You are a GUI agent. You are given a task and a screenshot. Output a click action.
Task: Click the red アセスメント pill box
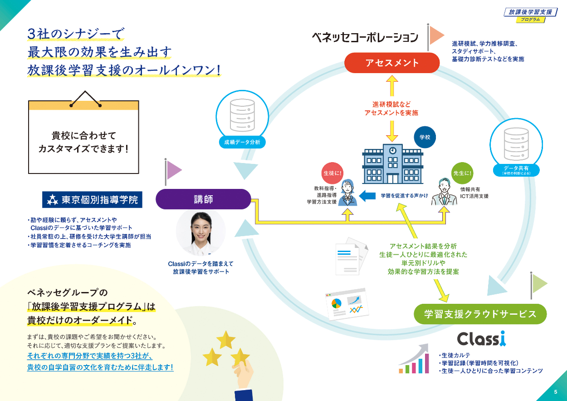pyautogui.click(x=392, y=63)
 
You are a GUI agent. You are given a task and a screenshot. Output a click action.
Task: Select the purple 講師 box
pyautogui.click(x=203, y=199)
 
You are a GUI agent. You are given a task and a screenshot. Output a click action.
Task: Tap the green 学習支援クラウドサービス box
pyautogui.click(x=480, y=314)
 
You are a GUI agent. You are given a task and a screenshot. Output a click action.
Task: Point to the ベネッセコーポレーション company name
pyautogui.click(x=365, y=37)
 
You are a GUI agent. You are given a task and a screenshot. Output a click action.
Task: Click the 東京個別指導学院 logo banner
pyautogui.click(x=92, y=199)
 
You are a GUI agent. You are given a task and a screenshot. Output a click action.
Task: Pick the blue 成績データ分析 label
pyautogui.click(x=242, y=142)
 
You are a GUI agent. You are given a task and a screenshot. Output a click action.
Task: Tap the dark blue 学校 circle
pyautogui.click(x=425, y=137)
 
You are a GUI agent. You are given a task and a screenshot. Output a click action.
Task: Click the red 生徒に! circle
pyautogui.click(x=332, y=173)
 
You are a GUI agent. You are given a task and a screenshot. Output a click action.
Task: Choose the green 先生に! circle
pyautogui.click(x=462, y=173)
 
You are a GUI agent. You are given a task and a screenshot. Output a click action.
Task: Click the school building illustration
pyautogui.click(x=392, y=163)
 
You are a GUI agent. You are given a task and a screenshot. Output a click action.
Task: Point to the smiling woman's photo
pyautogui.click(x=200, y=232)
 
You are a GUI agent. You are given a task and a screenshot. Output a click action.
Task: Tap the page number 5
pyautogui.click(x=555, y=392)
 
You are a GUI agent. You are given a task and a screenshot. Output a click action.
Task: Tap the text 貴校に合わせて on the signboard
pyautogui.click(x=83, y=135)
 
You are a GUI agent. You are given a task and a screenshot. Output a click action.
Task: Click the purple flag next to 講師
pyautogui.click(x=173, y=170)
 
